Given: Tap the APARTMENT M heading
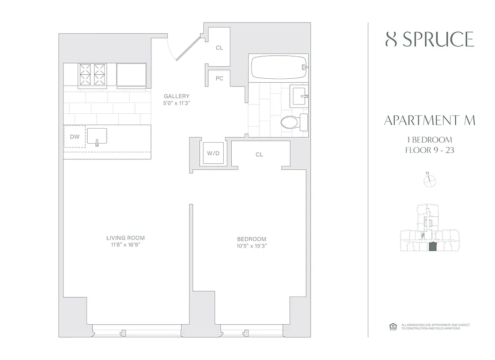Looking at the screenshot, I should pyautogui.click(x=429, y=121).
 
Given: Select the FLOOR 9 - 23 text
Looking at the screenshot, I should pyautogui.click(x=429, y=150).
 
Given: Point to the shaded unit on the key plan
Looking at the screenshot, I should pyautogui.click(x=432, y=247).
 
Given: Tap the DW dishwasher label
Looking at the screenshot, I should pyautogui.click(x=75, y=137).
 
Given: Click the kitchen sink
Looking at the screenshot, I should pyautogui.click(x=97, y=136).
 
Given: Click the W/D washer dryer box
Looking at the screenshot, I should pyautogui.click(x=213, y=153).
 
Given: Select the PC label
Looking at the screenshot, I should pyautogui.click(x=219, y=78).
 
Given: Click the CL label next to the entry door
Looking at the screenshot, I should pyautogui.click(x=219, y=48).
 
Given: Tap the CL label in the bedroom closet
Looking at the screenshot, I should pyautogui.click(x=259, y=154).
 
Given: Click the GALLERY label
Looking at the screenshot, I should pyautogui.click(x=176, y=96).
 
